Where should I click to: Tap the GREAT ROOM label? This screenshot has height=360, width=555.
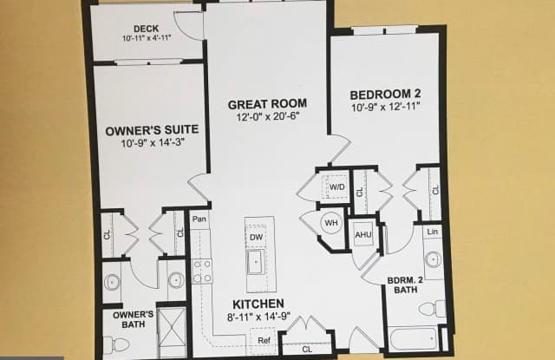click(x=267, y=104)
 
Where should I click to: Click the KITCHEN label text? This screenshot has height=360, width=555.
click(x=258, y=304)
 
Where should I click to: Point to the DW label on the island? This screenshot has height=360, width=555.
click(x=256, y=236)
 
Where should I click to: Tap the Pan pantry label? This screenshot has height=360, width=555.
click(x=200, y=220)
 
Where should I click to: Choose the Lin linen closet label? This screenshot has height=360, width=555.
click(x=434, y=232)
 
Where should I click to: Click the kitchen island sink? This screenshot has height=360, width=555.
click(x=256, y=261)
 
